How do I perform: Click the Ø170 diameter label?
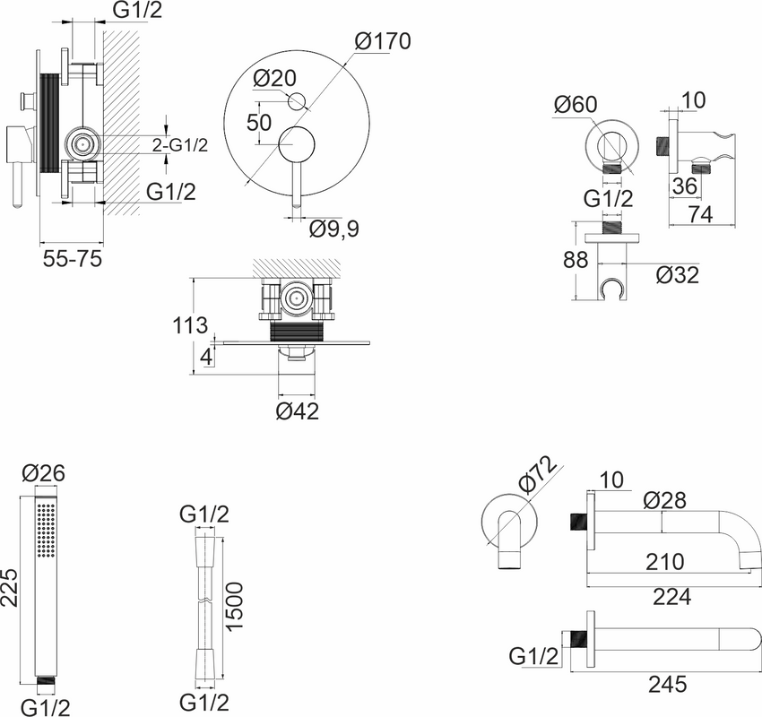click(x=383, y=40)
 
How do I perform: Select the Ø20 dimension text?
click(x=274, y=78)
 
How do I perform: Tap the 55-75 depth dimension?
click(x=73, y=258)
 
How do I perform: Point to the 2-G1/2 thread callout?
click(x=180, y=145)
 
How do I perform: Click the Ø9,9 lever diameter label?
click(x=334, y=229)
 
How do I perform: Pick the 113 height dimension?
click(x=190, y=325)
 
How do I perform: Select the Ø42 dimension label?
click(x=298, y=411)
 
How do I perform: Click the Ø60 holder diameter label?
click(x=576, y=105)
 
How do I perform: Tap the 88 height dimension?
click(x=576, y=260)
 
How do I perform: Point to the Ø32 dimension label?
click(x=678, y=275)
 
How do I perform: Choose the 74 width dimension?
click(x=701, y=214)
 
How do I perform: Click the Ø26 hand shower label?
click(x=44, y=472)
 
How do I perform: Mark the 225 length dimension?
click(x=10, y=588)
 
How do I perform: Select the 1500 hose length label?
click(x=235, y=607)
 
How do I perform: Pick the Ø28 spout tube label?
click(x=665, y=500)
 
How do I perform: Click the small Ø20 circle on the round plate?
click(x=297, y=101)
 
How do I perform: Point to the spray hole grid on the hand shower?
click(x=47, y=531)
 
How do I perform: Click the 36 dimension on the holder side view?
click(x=685, y=186)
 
